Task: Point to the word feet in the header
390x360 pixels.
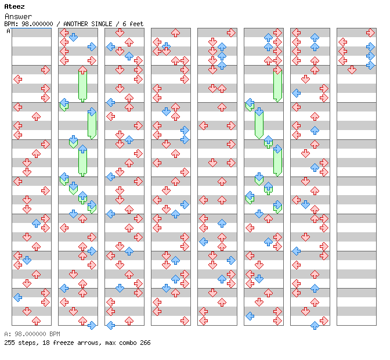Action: (136, 24)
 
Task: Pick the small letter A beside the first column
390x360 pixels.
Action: (8, 31)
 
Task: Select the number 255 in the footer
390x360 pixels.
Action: (9, 343)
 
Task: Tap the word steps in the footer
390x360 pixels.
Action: (27, 343)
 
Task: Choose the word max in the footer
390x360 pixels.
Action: (111, 343)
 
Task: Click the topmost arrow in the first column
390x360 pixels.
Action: (45, 70)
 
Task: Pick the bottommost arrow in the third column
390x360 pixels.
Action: (110, 325)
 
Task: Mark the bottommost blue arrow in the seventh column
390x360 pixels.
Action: (315, 325)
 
